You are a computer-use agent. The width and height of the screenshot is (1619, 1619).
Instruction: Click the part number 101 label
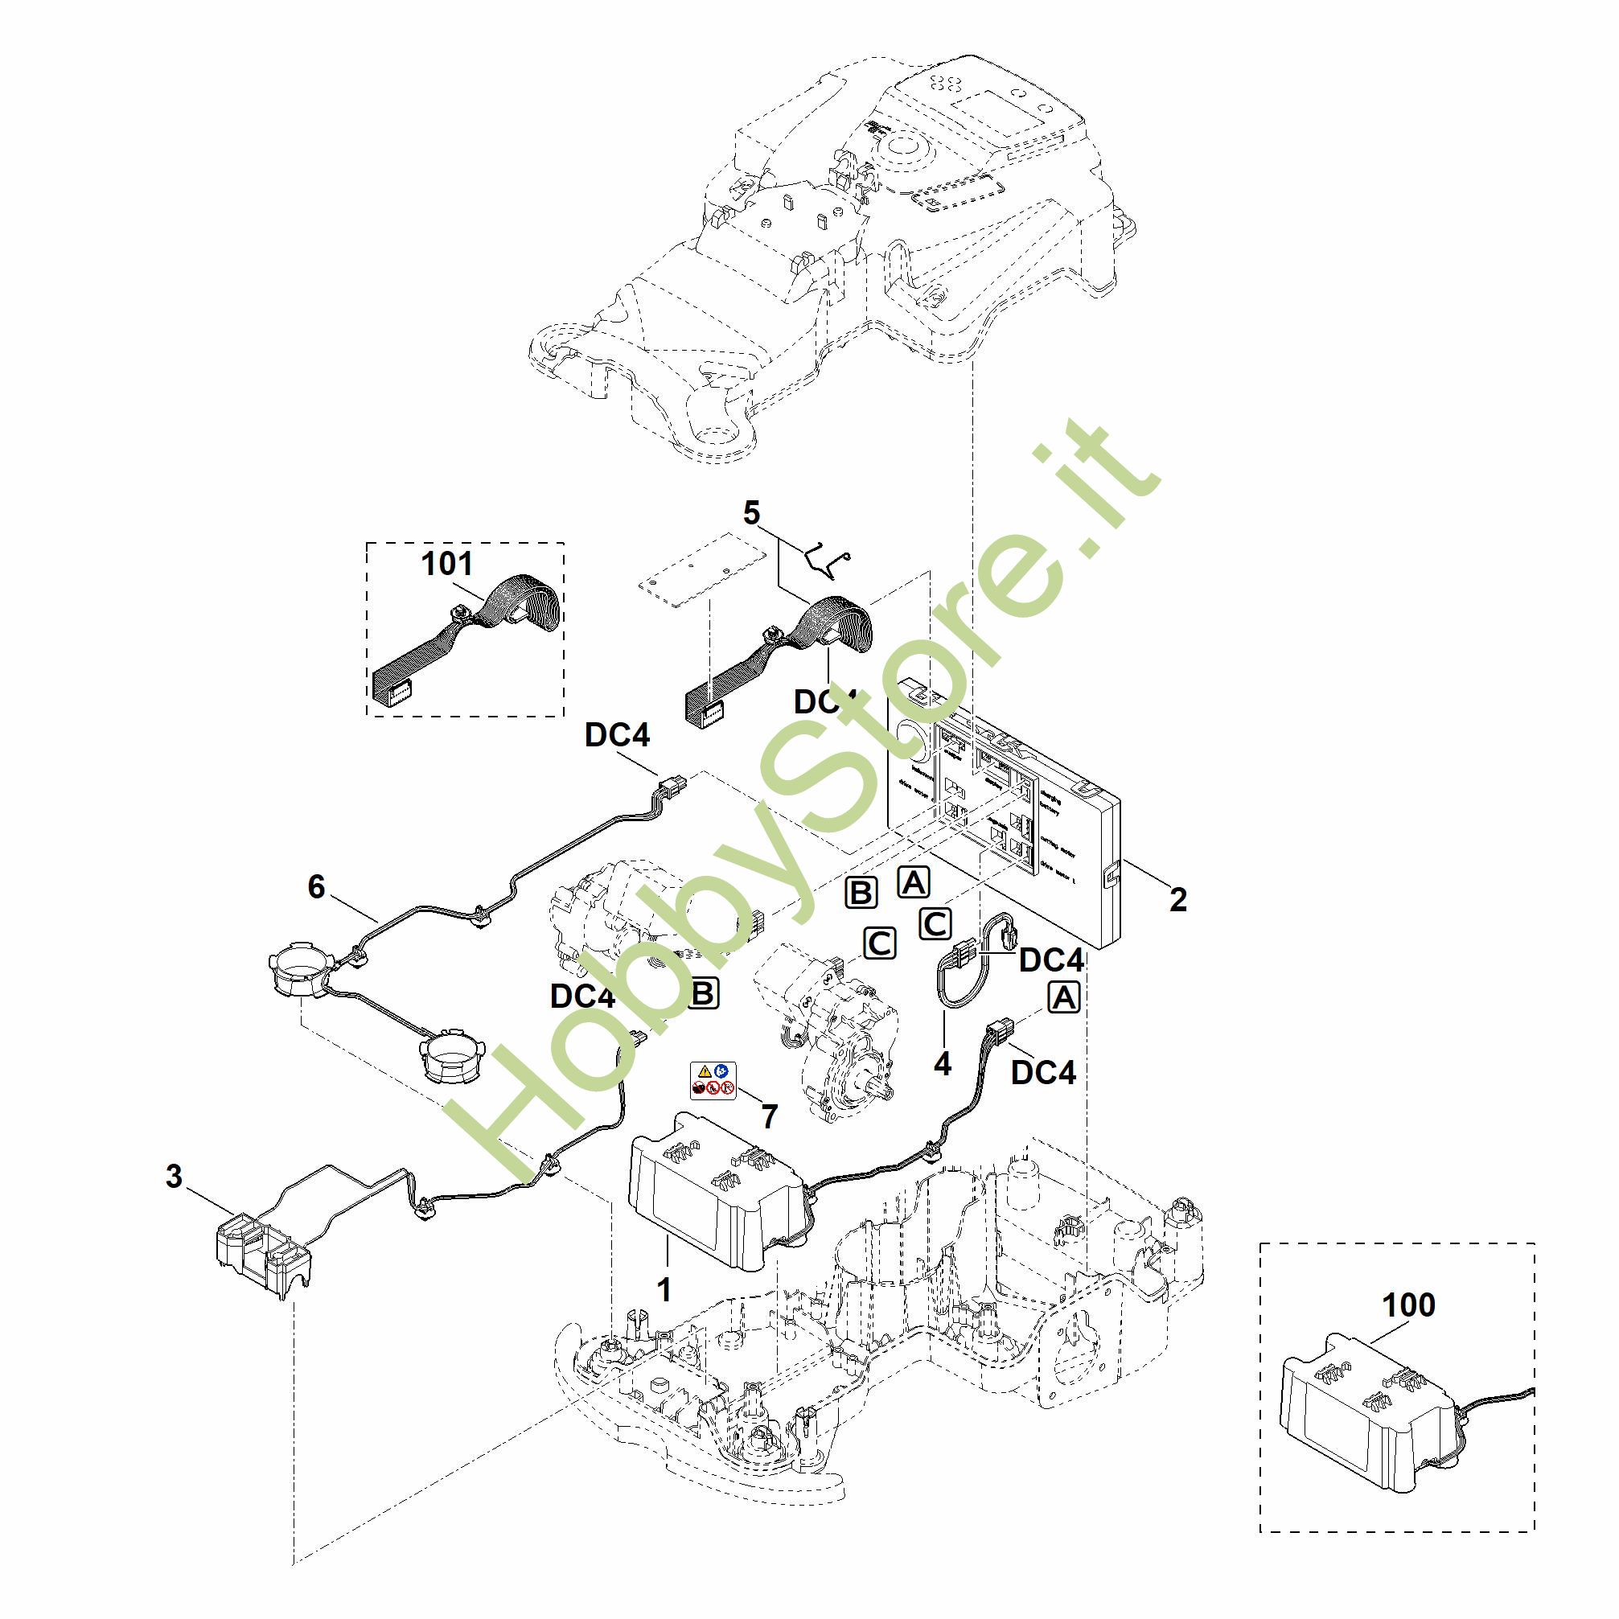point(446,564)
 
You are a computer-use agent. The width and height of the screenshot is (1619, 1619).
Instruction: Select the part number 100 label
point(1407,1305)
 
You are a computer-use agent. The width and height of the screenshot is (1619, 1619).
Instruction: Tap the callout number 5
point(751,513)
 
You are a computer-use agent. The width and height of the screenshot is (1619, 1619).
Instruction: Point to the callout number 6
point(316,886)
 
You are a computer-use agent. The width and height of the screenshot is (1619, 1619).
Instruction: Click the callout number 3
point(174,1177)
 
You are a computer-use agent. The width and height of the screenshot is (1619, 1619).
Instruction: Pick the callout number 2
point(1177,900)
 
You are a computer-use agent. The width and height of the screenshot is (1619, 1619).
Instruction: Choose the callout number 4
point(942,1063)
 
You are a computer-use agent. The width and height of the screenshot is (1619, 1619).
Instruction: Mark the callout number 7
point(769,1116)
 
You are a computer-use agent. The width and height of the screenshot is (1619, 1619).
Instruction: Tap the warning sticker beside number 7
point(713,1080)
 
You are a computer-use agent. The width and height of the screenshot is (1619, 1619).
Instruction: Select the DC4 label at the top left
point(617,735)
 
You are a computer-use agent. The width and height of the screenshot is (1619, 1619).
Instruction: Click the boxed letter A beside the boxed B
point(913,881)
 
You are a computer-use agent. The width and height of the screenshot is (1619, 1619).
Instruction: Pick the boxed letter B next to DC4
point(703,993)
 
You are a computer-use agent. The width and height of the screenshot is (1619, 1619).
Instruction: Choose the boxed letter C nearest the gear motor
point(879,943)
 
